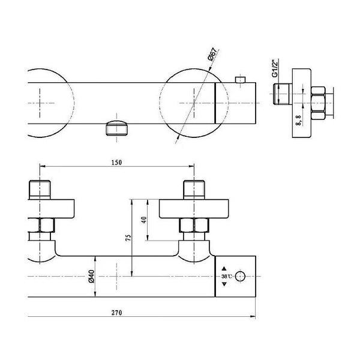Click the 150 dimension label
point(116,163)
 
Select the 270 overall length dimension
point(117,313)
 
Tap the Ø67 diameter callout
point(212,55)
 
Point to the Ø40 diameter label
point(91,276)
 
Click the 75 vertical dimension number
point(128,238)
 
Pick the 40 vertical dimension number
point(144,220)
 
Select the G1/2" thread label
point(275,68)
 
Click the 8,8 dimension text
point(298,120)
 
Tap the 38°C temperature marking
point(227,277)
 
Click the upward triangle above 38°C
point(224,268)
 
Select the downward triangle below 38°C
point(224,284)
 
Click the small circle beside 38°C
point(240,276)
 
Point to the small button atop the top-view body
point(241,80)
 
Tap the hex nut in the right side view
point(318,103)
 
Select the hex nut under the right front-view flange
point(194,225)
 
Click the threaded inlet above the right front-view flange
point(194,190)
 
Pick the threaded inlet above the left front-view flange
point(40,190)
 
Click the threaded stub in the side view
point(283,94)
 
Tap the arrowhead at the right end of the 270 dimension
point(253,317)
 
